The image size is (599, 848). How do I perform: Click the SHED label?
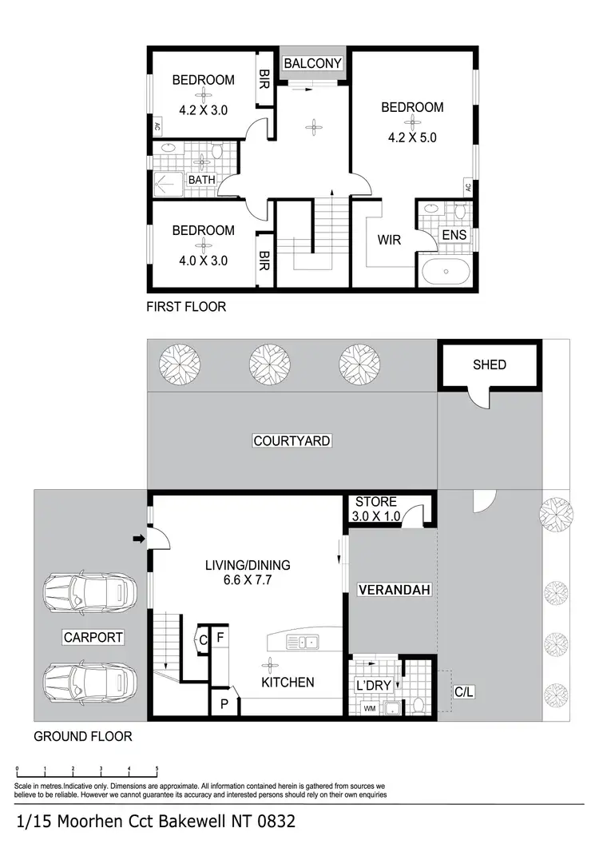click(x=489, y=364)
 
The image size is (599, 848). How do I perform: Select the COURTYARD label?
click(x=292, y=440)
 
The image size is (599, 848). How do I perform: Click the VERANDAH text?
click(x=394, y=591)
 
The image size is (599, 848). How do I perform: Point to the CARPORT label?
click(x=94, y=637)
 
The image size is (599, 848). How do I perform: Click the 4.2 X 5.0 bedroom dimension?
click(x=412, y=137)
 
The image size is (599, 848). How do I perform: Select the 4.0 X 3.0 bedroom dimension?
click(x=204, y=259)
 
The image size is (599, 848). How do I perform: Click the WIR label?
click(x=389, y=239)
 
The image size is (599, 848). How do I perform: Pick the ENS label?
click(x=454, y=235)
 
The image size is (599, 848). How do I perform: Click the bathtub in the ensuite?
click(x=446, y=273)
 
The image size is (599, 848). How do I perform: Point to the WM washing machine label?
click(x=369, y=707)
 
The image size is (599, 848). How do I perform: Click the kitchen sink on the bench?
click(x=304, y=641)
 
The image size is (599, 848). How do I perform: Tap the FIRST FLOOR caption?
click(x=186, y=306)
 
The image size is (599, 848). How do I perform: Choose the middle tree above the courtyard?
click(x=264, y=364)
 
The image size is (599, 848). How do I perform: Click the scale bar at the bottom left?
click(x=87, y=774)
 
